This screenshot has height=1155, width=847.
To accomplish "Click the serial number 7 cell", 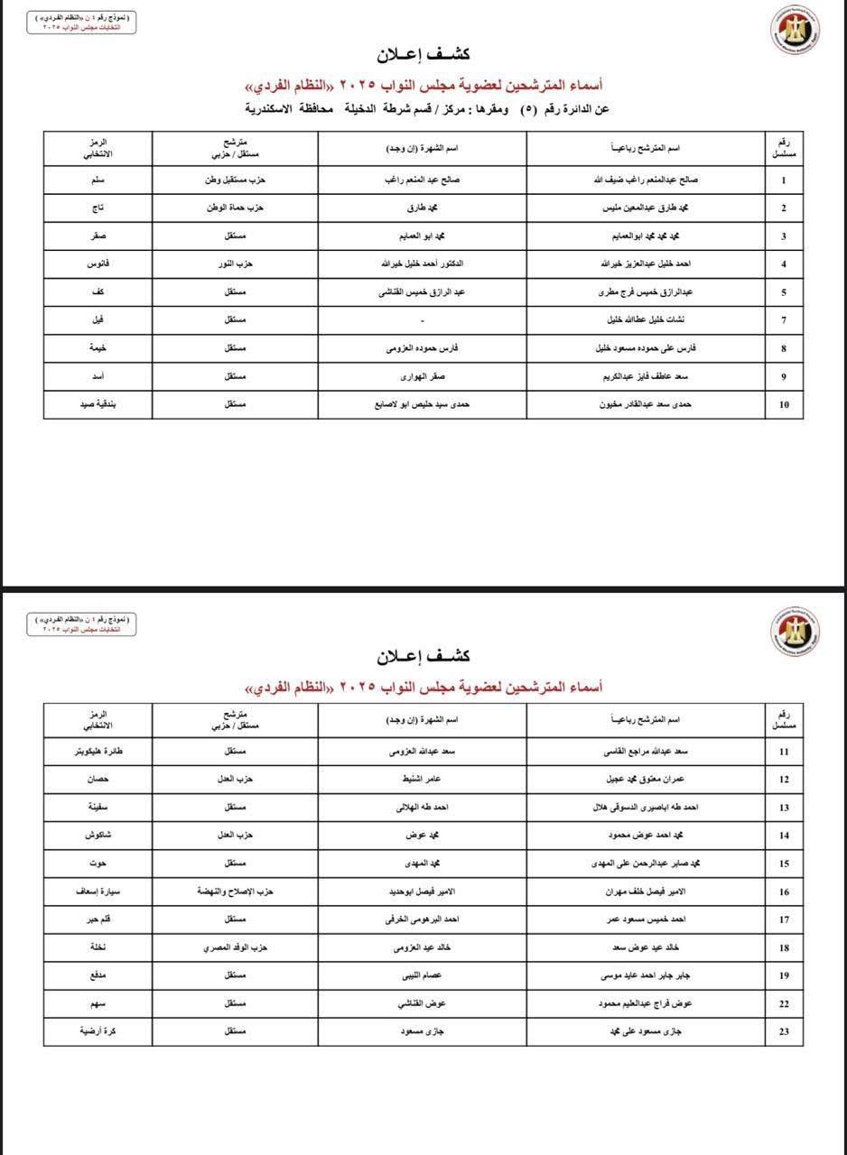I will click(x=784, y=320).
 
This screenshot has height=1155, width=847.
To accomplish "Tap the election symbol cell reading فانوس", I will click(x=98, y=264).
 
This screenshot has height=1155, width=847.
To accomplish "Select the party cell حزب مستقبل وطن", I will click(x=235, y=180).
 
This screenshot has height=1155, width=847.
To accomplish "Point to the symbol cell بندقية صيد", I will click(x=98, y=404).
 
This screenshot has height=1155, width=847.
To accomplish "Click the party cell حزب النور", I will click(x=235, y=264).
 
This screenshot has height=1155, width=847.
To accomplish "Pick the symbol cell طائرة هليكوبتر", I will click(x=98, y=751).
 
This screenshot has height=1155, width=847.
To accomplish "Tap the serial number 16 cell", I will click(x=784, y=892).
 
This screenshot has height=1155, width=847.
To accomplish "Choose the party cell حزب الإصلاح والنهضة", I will click(x=235, y=892).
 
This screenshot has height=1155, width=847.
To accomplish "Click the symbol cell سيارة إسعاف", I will click(x=98, y=892).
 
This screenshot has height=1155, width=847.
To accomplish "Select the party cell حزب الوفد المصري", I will click(x=235, y=947).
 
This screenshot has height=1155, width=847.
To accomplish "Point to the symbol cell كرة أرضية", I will click(x=98, y=1030).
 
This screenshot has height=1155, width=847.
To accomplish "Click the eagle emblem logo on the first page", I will click(x=795, y=32).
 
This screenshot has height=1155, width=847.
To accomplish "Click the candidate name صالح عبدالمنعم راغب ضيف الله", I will click(x=645, y=180).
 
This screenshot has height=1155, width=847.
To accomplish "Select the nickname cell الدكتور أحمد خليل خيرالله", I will click(x=422, y=264).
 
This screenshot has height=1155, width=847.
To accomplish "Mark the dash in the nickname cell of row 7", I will click(x=422, y=321).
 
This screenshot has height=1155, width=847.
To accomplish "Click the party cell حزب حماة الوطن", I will click(x=235, y=208).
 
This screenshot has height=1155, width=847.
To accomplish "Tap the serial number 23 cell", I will click(x=784, y=1030).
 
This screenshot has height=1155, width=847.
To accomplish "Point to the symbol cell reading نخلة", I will click(x=98, y=947).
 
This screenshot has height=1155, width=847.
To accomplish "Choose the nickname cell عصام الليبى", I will click(x=422, y=975).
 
